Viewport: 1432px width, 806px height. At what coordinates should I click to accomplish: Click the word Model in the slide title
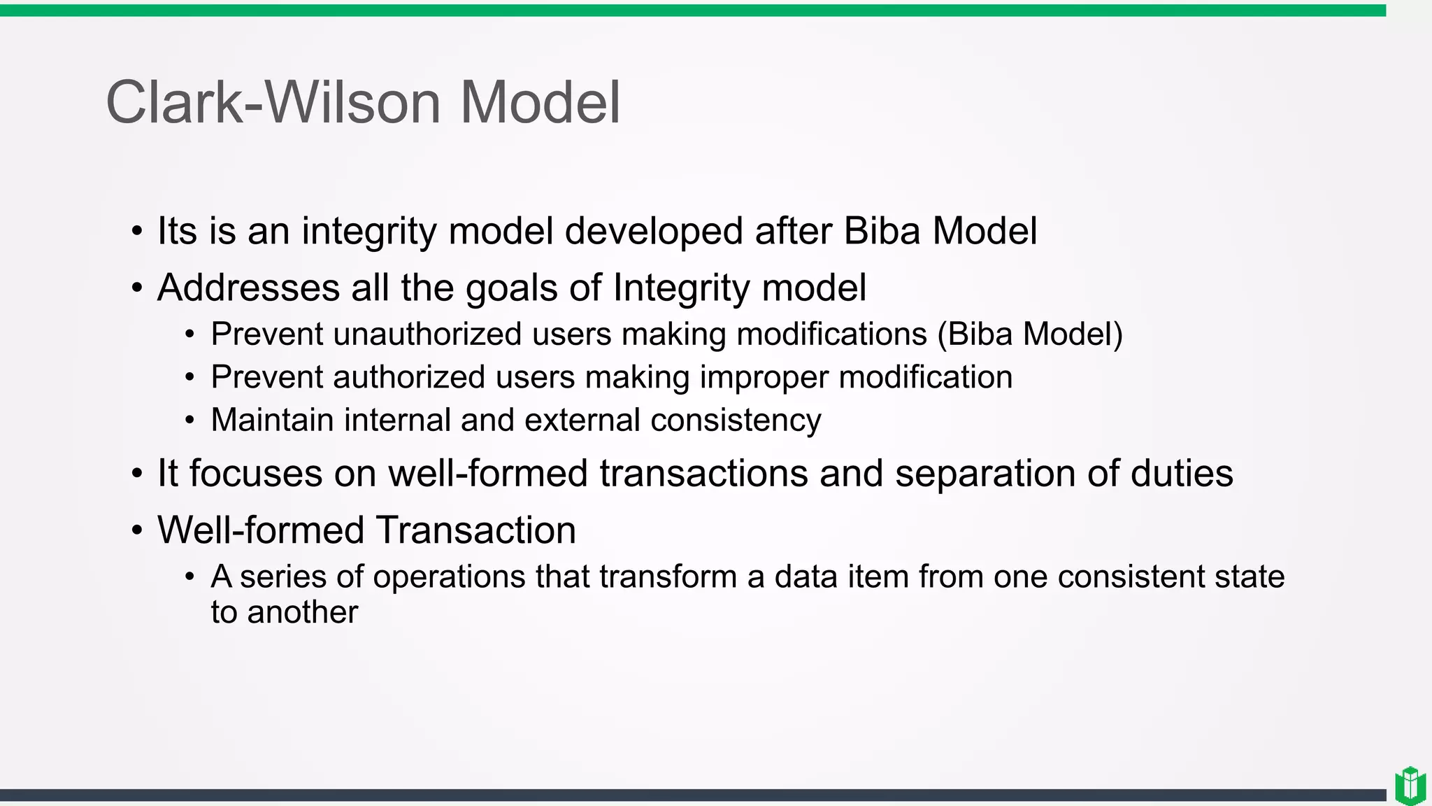539,103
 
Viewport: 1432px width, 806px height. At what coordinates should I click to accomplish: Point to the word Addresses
248,288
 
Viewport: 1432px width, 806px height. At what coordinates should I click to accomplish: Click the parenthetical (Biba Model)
1030,334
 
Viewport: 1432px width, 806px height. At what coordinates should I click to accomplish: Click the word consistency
736,421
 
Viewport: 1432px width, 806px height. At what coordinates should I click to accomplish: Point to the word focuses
255,474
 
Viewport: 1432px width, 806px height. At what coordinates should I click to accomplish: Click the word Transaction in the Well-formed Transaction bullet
475,530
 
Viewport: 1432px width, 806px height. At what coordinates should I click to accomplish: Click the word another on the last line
302,613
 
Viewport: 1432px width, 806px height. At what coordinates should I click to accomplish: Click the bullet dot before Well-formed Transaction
137,531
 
